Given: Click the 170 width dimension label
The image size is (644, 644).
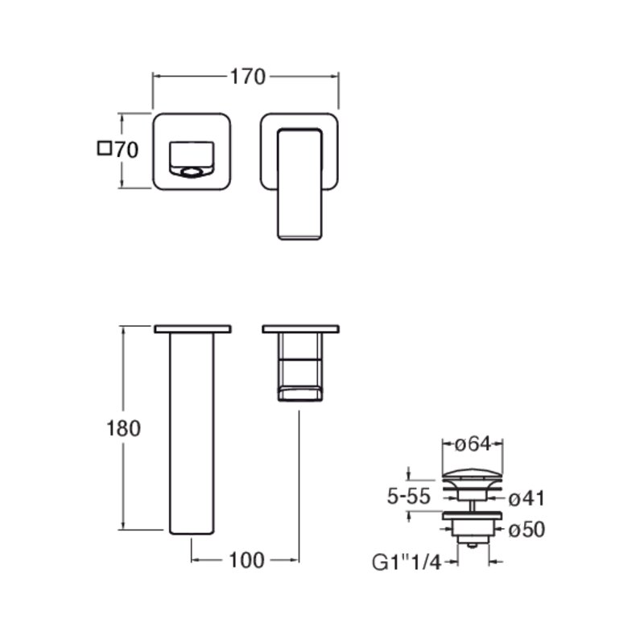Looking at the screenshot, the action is click(248, 76).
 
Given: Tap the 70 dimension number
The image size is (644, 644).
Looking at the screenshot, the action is click(126, 150).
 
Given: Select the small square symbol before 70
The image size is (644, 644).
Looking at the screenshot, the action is click(105, 148).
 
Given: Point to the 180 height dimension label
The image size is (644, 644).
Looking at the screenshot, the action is click(123, 428).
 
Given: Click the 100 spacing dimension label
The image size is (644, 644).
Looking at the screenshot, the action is click(246, 560).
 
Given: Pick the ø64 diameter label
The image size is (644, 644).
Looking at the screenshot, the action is click(473, 444).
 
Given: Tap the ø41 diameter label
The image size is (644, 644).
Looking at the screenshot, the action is click(526, 498).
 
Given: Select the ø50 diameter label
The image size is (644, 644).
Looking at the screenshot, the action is click(526, 530).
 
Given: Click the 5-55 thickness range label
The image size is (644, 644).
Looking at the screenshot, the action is click(409, 497).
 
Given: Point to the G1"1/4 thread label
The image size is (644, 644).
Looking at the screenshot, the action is click(407, 562).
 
